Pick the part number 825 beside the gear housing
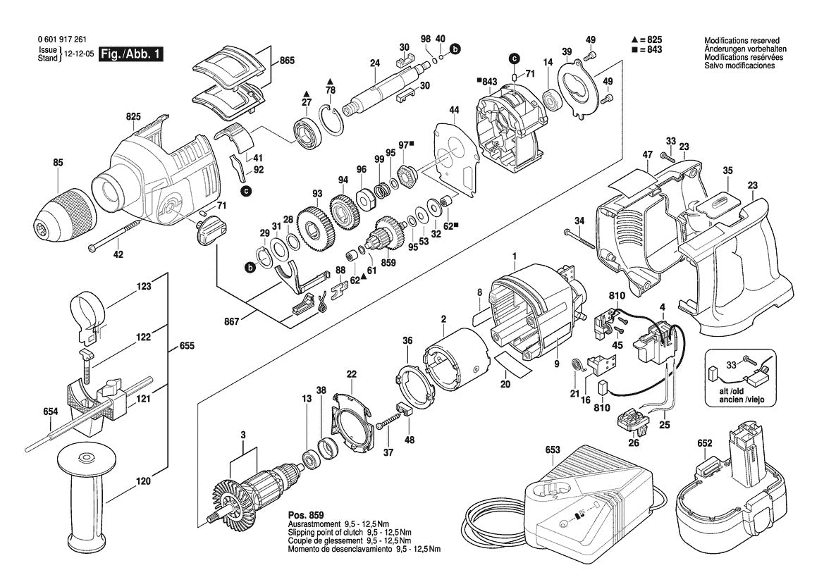pos(133,116)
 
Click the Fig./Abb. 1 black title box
pos(131,54)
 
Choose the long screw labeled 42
pos(116,235)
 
